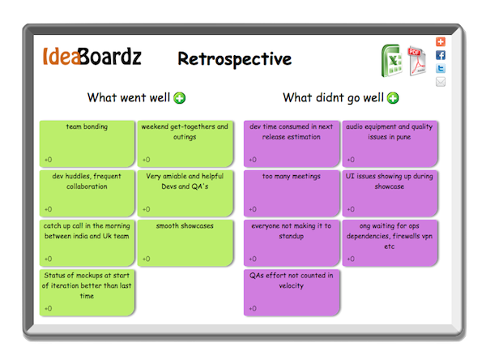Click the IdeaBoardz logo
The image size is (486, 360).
92,58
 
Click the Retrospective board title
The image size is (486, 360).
234,59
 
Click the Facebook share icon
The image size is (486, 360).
441,55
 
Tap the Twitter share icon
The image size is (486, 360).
441,68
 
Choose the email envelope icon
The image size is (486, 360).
441,81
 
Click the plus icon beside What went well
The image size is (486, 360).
179,98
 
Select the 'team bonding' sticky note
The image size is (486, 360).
87,143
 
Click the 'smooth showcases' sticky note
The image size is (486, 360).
185,242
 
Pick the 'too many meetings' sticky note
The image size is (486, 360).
292,192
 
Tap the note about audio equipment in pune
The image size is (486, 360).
390,143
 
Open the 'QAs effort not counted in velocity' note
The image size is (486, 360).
292,291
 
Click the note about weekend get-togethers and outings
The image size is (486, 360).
185,143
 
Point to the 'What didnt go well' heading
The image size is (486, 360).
333,98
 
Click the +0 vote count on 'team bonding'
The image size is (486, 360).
49,160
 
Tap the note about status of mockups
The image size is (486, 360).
87,291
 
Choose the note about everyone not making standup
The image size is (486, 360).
292,242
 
